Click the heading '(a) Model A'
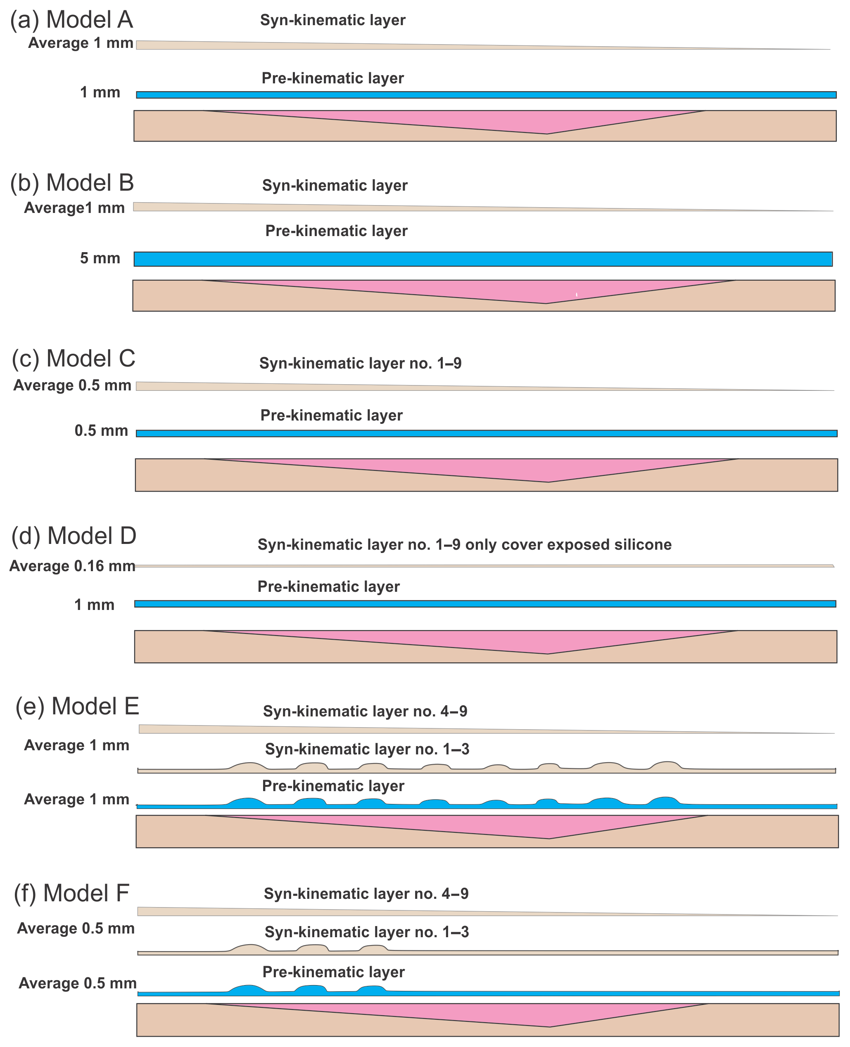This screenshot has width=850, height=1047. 71,20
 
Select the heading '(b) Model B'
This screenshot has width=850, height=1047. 72,183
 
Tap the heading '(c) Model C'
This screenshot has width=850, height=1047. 74,359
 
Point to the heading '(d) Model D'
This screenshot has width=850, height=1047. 74,536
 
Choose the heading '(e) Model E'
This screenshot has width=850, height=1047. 77,707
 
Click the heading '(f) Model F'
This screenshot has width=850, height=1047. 71,893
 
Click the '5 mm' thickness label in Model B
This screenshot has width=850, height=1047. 100,258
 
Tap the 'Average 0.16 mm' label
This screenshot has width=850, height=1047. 72,566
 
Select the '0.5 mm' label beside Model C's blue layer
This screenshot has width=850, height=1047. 101,431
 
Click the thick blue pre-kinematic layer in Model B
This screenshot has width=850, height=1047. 483,259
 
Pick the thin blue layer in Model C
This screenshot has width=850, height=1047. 486,433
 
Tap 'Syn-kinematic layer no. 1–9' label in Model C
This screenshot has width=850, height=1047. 361,364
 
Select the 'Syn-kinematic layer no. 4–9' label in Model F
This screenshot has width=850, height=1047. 366,894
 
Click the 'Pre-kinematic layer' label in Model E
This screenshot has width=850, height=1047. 333,786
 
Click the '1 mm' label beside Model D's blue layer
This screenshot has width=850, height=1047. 94,605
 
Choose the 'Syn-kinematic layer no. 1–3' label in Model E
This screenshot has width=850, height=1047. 367,749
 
